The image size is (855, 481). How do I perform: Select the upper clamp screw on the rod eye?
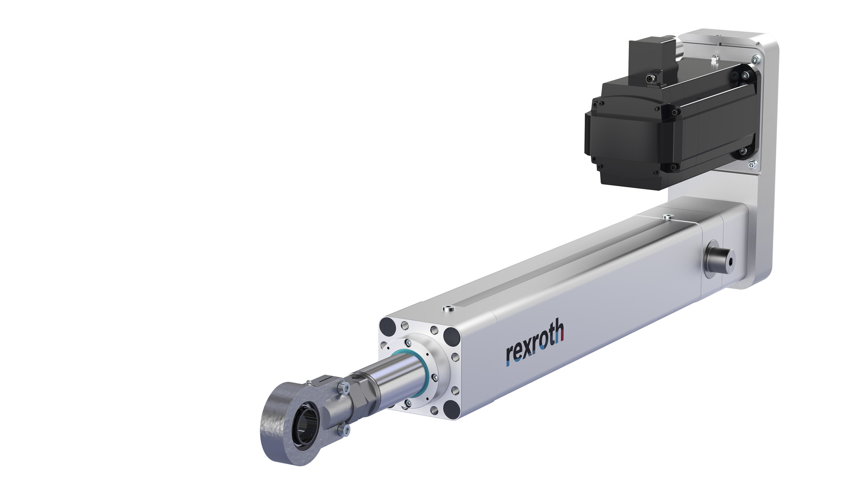click(x=343, y=387)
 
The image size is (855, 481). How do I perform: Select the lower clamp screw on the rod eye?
click(x=343, y=430)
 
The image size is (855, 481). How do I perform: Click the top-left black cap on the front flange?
click(x=387, y=328)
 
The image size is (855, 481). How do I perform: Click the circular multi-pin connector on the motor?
click(x=650, y=79)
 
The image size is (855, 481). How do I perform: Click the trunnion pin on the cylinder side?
click(x=719, y=260)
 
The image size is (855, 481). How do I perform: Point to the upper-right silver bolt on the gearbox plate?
click(x=755, y=58)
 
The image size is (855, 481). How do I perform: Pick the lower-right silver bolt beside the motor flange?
click(x=752, y=164)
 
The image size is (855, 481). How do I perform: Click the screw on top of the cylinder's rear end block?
click(x=667, y=217)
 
